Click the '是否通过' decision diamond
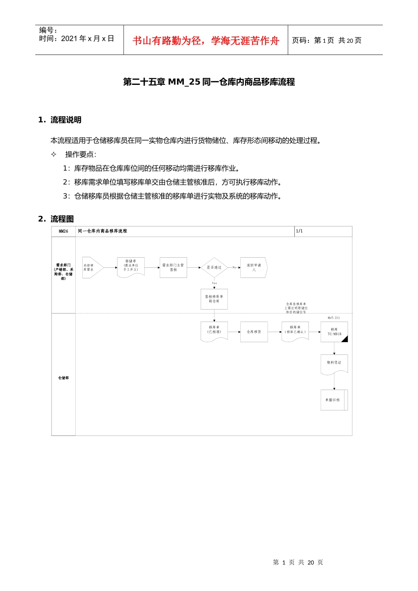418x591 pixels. (214, 267)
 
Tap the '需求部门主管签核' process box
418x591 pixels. (173, 267)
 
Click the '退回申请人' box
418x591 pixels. (253, 267)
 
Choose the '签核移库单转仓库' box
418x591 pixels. (214, 299)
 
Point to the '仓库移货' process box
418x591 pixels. (254, 332)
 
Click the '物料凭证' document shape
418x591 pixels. (334, 364)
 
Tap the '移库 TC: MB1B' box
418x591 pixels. (334, 332)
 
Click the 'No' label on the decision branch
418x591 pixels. (234, 267)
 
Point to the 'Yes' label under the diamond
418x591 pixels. (214, 283)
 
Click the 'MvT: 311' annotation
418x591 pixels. (334, 318)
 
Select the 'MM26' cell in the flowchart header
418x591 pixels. (63, 231)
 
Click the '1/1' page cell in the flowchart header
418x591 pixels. (300, 231)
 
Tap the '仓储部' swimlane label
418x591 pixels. (63, 378)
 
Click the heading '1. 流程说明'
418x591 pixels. (60, 120)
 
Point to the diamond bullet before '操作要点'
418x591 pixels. (54, 154)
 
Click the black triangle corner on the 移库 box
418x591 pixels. (345, 339)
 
